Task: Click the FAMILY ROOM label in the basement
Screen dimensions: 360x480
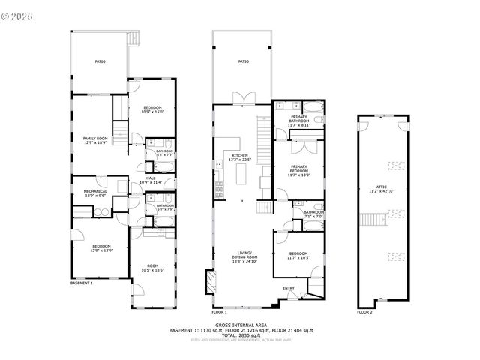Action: [x=95, y=139]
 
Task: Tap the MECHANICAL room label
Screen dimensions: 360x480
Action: [x=95, y=191]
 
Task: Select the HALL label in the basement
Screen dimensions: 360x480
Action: [x=151, y=178]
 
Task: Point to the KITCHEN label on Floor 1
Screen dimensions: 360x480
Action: [x=240, y=155]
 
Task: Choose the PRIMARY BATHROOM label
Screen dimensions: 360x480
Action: [x=299, y=118]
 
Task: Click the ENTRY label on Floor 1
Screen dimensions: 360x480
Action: [x=289, y=287]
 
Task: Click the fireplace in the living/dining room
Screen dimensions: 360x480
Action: [x=211, y=283]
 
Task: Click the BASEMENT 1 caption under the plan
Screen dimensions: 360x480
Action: [x=82, y=283]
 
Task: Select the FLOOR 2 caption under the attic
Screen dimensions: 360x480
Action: [x=364, y=311]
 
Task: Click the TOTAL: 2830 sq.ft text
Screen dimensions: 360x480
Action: [x=240, y=335]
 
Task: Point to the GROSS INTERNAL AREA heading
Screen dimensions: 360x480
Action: [x=240, y=325]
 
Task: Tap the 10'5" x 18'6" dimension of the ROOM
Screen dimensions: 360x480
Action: [x=152, y=270]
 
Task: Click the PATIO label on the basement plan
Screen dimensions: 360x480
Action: [x=100, y=61]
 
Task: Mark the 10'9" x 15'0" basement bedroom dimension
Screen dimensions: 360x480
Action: [x=152, y=112]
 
